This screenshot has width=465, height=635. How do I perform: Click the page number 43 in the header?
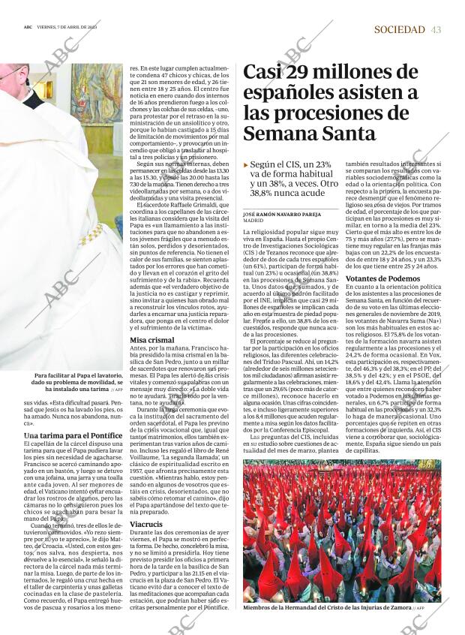[436, 29]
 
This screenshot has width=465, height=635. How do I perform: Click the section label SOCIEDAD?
[399, 29]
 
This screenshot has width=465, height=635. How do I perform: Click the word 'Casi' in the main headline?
[267, 72]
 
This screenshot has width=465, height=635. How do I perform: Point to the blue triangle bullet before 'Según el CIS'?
[246, 164]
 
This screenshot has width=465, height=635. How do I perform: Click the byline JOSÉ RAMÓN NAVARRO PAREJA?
[281, 214]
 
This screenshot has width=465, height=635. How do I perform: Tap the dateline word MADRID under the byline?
[253, 221]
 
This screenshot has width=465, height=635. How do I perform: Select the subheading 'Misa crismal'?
[152, 340]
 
